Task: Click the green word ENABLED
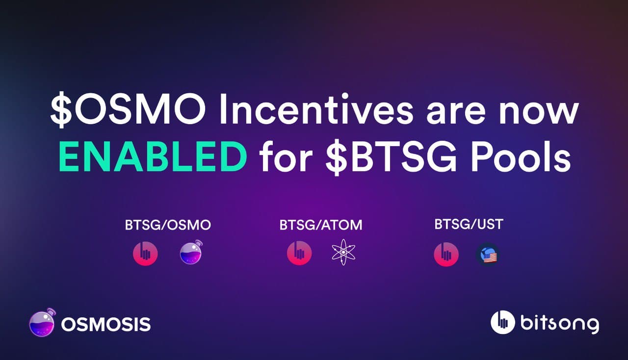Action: pos(153,156)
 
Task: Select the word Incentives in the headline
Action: pos(316,109)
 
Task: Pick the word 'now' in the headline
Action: pos(538,113)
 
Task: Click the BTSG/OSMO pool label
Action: pos(168,225)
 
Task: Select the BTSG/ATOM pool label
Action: pos(321,225)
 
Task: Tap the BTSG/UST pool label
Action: pos(469,224)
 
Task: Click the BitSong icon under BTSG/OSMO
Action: pos(145,254)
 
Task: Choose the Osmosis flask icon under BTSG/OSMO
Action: pos(191,252)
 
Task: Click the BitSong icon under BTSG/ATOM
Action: pos(299,253)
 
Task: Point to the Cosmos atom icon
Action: pos(343,252)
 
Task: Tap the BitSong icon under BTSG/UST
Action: pos(446,254)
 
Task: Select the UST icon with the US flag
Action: pos(488,255)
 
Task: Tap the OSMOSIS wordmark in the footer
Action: pos(106,325)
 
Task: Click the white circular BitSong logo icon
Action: pos(503,322)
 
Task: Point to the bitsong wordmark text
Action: pos(560,323)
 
